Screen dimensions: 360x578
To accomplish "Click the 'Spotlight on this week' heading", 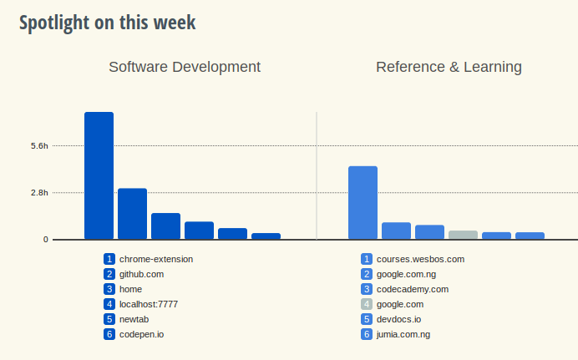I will [x=108, y=23].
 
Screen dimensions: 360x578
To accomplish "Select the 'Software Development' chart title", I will [x=185, y=67].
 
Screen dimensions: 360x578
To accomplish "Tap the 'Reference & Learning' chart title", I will [x=449, y=67].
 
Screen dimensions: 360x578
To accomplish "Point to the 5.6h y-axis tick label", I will [x=39, y=146].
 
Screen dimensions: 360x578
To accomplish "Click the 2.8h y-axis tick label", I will [x=39, y=193].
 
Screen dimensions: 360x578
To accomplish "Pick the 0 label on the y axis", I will [x=46, y=240].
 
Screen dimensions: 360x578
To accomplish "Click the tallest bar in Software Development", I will [x=99, y=175].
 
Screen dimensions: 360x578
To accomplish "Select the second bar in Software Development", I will [x=132, y=214].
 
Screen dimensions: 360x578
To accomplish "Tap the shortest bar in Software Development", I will [x=266, y=236].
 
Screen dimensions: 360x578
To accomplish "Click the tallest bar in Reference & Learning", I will [x=363, y=203].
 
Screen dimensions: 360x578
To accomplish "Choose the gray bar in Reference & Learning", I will [x=463, y=235].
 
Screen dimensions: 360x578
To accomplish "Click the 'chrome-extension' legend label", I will [x=156, y=259].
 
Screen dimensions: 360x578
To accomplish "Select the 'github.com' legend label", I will [x=141, y=274].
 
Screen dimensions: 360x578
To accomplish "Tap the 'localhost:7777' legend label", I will [x=149, y=304].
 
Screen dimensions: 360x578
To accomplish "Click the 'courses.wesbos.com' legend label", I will [x=420, y=259].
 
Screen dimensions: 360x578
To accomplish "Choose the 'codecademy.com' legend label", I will [x=413, y=289].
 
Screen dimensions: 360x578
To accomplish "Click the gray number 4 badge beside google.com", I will [x=366, y=304].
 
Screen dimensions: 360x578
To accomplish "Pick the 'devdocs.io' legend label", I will [x=399, y=319].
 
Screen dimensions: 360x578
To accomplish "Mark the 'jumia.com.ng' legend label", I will [x=403, y=334].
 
